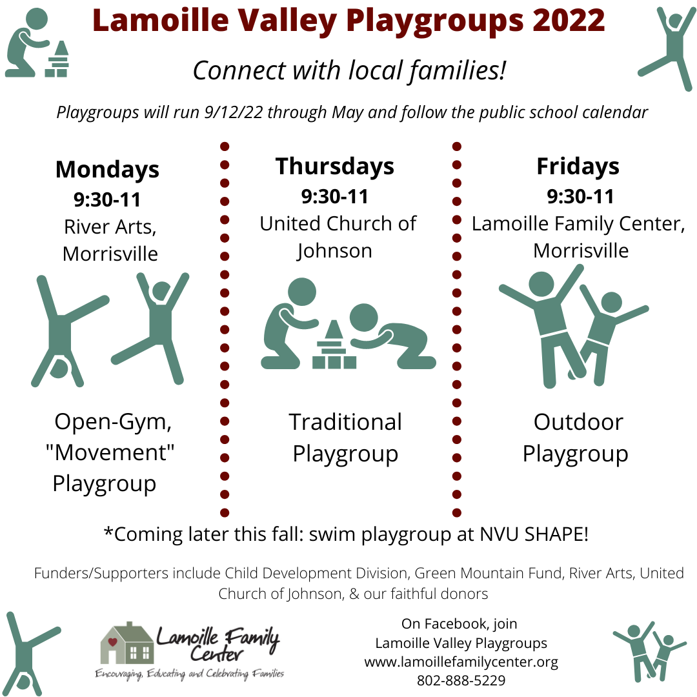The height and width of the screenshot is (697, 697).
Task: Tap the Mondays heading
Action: point(107,170)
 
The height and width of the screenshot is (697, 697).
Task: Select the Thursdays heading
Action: point(335,167)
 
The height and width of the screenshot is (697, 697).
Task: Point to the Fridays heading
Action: point(578,167)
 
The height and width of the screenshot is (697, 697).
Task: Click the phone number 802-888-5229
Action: point(461,681)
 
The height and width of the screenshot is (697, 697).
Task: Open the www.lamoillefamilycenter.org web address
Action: point(461,662)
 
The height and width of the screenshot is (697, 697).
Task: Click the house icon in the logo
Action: point(127,643)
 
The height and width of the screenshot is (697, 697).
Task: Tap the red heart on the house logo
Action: point(112,642)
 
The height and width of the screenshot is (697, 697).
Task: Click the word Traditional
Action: point(345,422)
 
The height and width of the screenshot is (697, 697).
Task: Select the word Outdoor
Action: point(578,422)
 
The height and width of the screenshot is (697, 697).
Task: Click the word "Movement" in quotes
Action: point(110,453)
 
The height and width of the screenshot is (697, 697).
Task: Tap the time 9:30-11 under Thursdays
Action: point(335,197)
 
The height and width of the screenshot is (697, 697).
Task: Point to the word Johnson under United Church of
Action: point(334,252)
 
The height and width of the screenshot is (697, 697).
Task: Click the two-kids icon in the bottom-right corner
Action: point(649,651)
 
